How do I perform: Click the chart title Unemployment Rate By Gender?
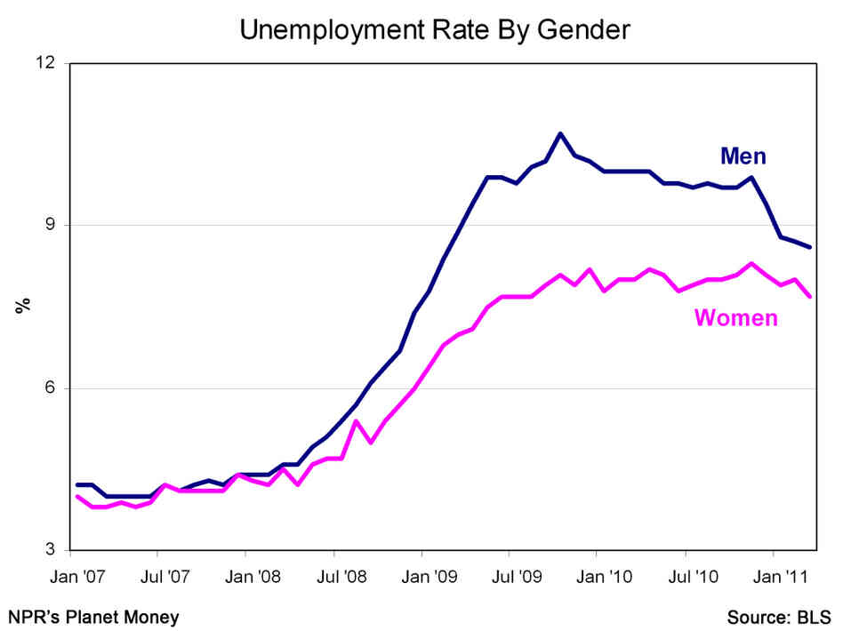(x=434, y=29)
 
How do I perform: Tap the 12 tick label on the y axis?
(x=44, y=63)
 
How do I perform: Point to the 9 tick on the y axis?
(x=50, y=225)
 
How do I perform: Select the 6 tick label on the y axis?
(x=50, y=388)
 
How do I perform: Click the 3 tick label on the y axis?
(x=50, y=551)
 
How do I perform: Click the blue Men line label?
(x=743, y=157)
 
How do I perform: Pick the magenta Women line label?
(x=735, y=317)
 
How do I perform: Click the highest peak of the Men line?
(x=560, y=133)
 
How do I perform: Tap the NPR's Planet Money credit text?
(x=93, y=616)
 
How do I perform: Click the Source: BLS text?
(x=779, y=616)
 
